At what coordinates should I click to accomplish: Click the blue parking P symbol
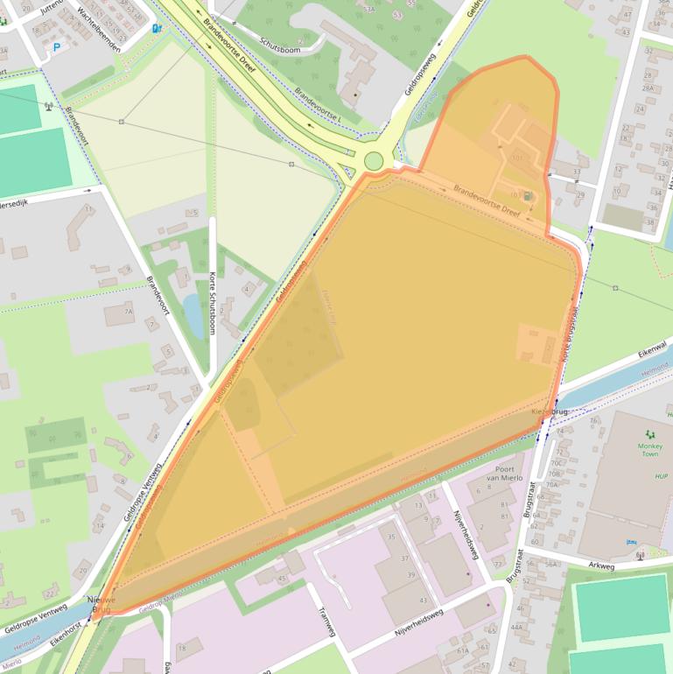[x=58, y=47]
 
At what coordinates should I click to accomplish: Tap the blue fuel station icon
[x=157, y=28]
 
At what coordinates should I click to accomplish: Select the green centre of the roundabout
[x=374, y=161]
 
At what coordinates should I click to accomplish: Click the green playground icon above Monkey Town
[x=649, y=434]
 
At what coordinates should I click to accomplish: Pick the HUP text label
[x=636, y=476]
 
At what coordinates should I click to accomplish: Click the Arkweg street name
[x=602, y=566]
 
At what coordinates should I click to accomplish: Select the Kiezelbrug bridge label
[x=550, y=411]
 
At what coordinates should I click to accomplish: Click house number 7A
[x=128, y=311]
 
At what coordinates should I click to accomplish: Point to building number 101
[x=516, y=158]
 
